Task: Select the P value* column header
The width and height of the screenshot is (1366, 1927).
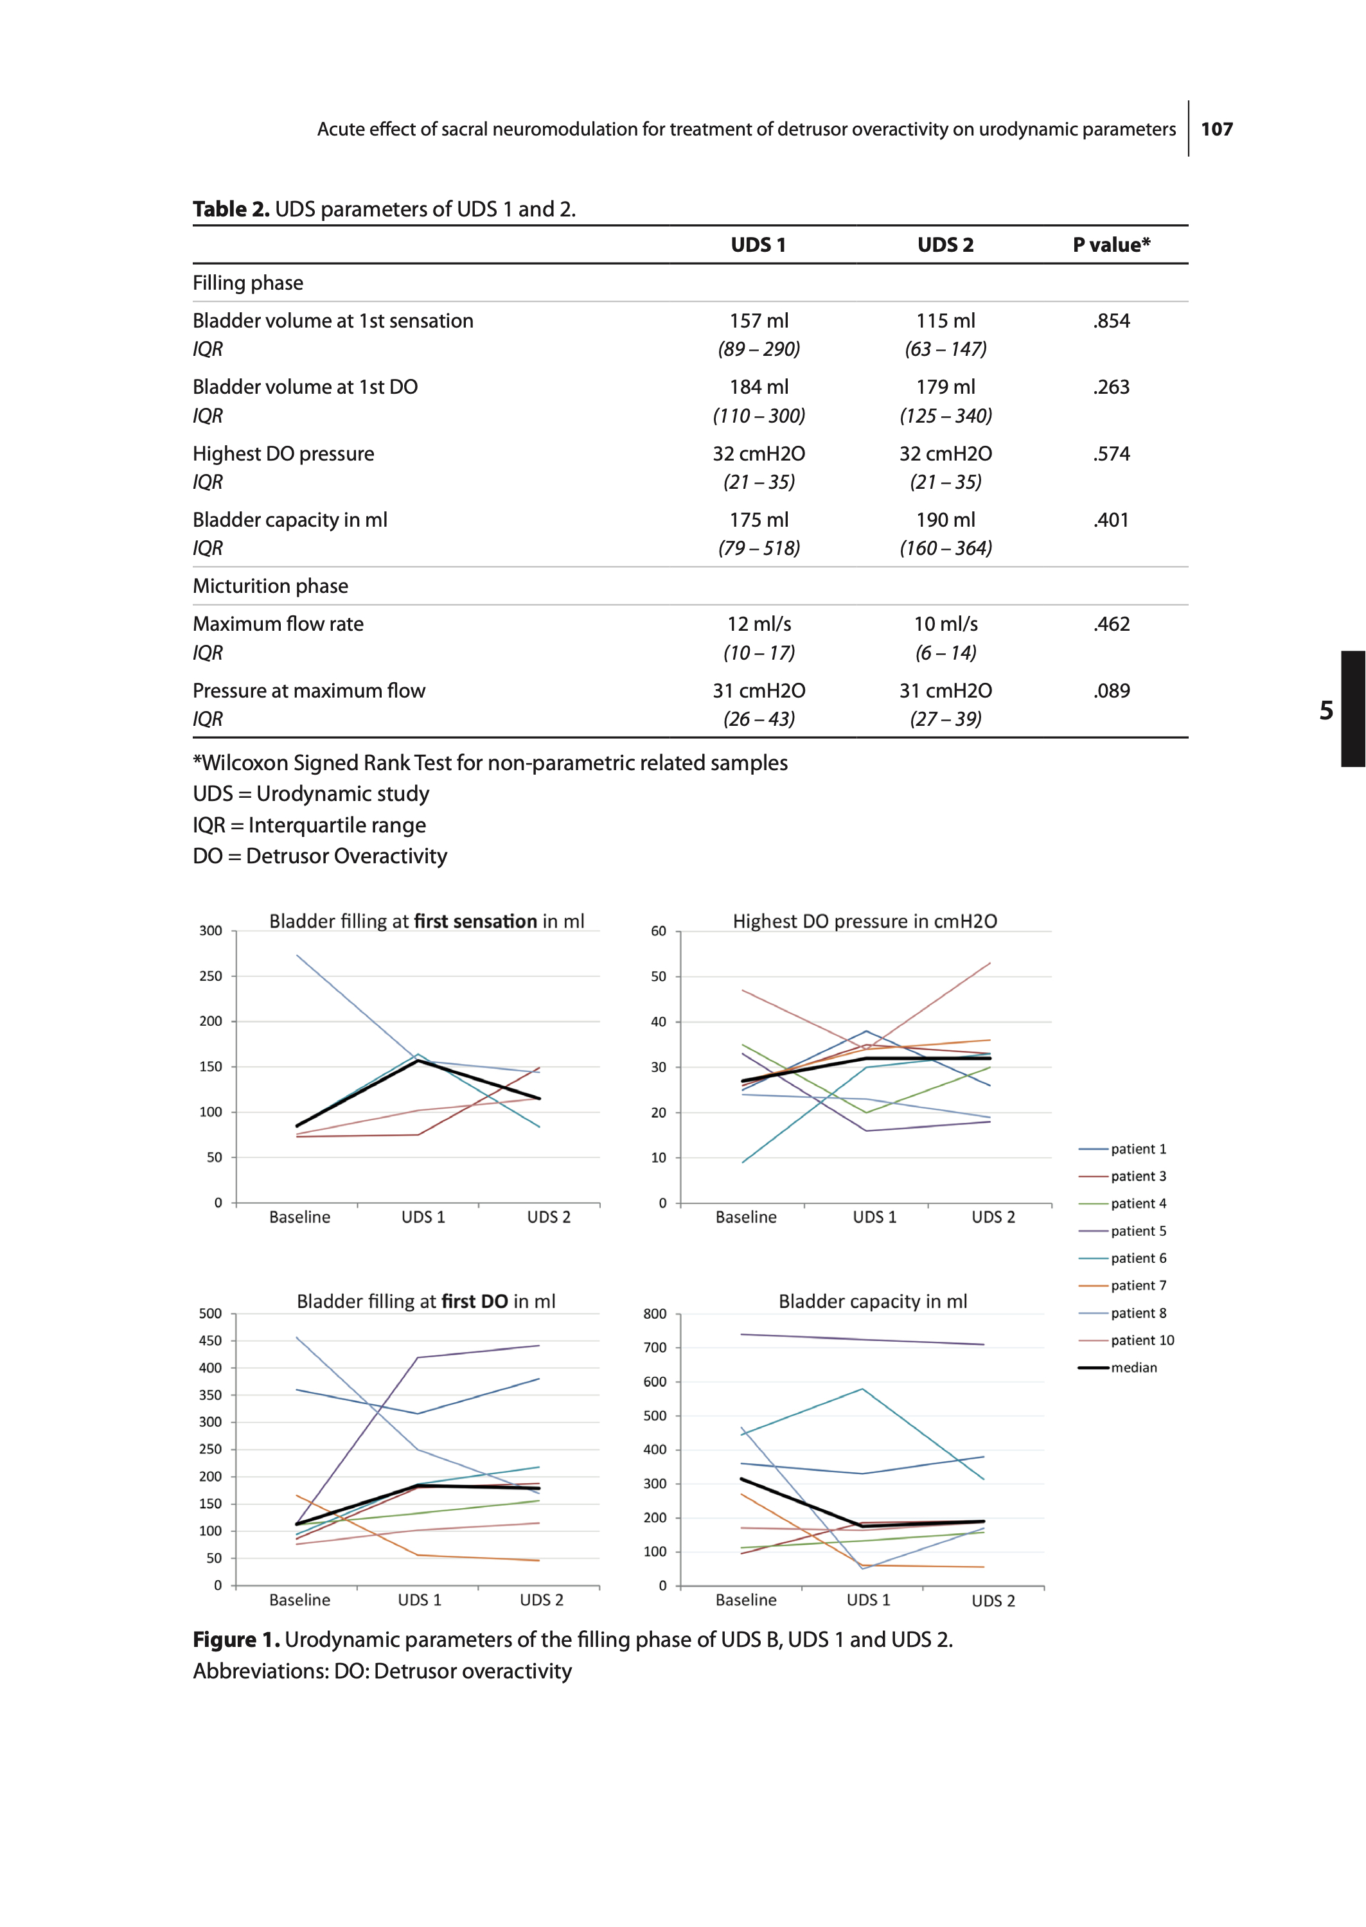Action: [1110, 245]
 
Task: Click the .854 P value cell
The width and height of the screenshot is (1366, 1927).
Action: [1111, 321]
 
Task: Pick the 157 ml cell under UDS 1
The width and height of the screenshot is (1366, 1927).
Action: [758, 321]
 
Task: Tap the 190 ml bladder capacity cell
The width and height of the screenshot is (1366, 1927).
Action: [945, 520]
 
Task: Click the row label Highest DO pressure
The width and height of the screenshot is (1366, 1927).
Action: [283, 453]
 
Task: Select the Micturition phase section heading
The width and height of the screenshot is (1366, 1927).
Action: [270, 586]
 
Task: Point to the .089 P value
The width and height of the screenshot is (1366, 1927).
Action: [1111, 691]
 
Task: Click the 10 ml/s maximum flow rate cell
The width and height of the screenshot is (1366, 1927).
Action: [945, 624]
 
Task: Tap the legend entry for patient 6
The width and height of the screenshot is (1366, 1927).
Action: [1138, 1258]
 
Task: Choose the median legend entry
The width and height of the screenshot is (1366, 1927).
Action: [1133, 1367]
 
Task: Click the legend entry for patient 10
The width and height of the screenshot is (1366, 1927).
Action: [1141, 1340]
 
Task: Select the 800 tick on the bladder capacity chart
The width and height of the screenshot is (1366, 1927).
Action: [654, 1314]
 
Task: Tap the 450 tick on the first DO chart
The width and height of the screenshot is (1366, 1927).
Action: [210, 1341]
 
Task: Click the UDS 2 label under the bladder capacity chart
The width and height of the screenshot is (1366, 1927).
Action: [993, 1601]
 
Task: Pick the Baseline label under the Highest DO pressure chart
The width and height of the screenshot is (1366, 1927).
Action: [745, 1217]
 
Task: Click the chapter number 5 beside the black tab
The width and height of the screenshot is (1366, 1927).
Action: [1326, 710]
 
